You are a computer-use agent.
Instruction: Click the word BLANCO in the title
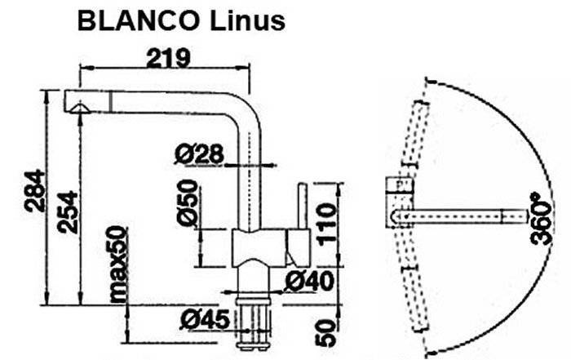138,21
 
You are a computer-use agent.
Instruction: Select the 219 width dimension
168,58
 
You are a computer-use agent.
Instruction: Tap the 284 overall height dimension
35,190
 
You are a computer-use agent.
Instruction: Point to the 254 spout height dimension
68,211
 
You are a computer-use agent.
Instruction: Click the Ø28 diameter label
199,154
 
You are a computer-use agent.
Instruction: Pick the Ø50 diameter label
188,202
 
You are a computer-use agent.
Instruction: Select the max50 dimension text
118,264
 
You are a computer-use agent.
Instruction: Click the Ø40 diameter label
309,281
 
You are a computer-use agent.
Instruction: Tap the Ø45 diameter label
206,320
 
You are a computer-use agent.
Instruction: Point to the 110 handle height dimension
326,224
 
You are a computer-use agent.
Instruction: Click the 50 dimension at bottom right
325,333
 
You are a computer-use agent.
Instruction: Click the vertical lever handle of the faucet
303,207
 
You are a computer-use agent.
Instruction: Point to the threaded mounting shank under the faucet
254,324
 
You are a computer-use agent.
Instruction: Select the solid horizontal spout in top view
458,216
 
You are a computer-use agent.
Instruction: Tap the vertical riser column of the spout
250,175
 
